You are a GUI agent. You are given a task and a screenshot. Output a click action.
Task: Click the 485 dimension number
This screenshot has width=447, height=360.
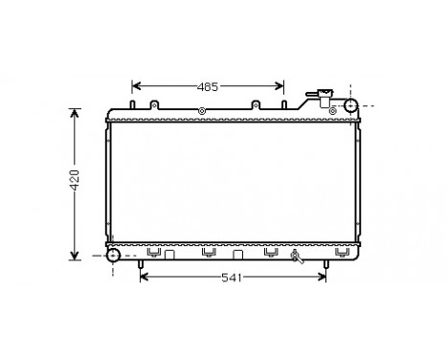208,86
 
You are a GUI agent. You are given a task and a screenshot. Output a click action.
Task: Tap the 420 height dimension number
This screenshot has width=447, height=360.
60,182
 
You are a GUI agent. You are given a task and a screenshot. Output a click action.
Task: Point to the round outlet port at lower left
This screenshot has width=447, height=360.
113,256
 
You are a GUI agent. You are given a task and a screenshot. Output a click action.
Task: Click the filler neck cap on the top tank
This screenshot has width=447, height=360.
324,96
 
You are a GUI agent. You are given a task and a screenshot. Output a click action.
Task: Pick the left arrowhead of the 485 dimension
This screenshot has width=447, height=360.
136,86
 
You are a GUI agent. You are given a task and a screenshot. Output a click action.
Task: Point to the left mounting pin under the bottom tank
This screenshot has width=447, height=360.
142,264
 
